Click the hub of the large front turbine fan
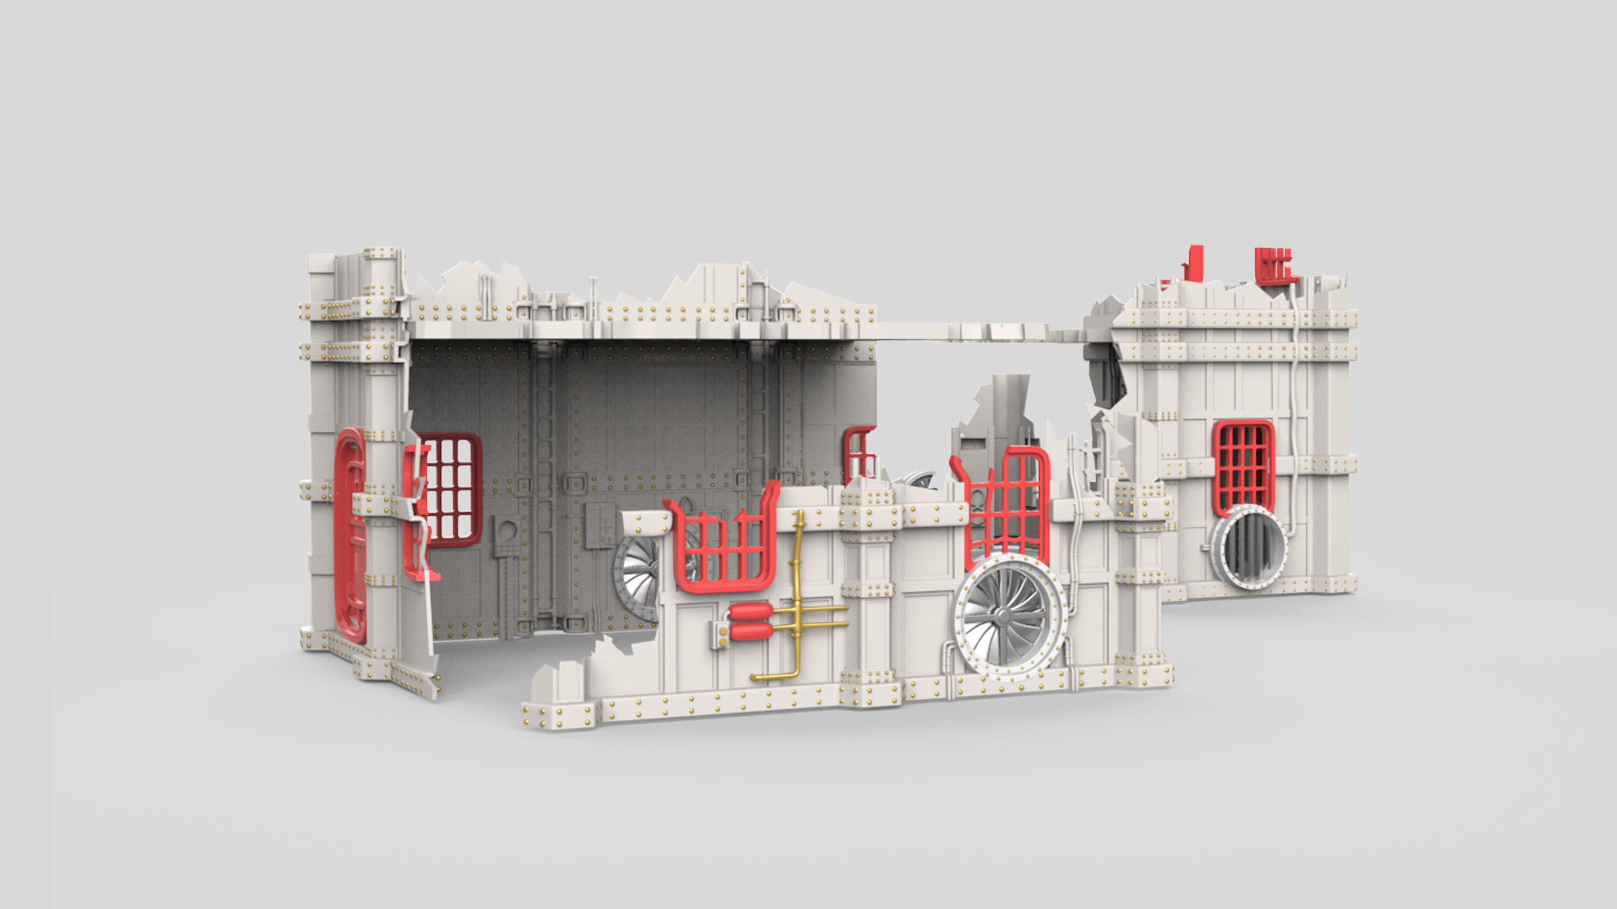[x=1003, y=616]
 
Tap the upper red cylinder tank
[x=751, y=612]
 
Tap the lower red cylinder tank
[x=751, y=631]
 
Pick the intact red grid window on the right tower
[x=1244, y=467]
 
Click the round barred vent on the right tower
[x=1250, y=546]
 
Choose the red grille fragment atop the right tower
[x=1275, y=265]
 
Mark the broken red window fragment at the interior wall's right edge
[x=859, y=452]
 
